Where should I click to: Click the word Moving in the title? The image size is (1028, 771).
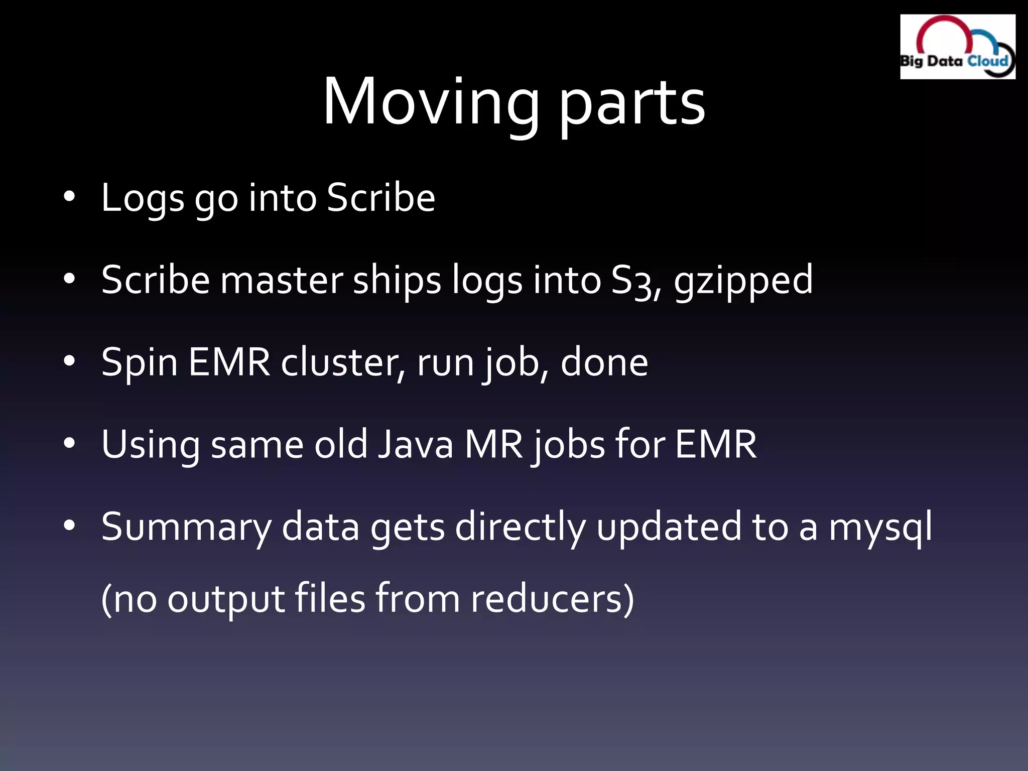tap(431, 103)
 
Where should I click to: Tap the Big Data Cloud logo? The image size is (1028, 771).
tap(957, 47)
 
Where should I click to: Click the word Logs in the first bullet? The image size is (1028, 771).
tap(143, 199)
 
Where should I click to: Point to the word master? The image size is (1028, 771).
tap(282, 280)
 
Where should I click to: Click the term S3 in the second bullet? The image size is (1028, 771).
tap(631, 281)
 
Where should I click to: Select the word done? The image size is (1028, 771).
tap(604, 362)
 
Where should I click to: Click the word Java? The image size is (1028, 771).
tap(416, 445)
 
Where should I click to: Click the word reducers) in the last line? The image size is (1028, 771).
tap(552, 599)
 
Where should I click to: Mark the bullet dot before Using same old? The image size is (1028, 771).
tap(69, 443)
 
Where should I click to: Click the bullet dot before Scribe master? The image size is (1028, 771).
tap(69, 279)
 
